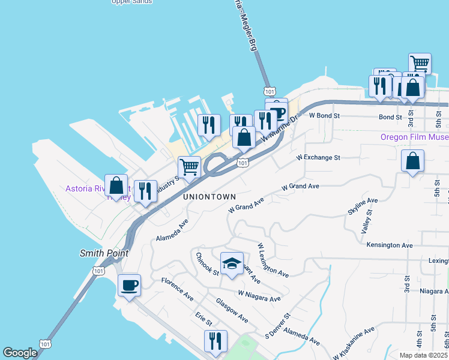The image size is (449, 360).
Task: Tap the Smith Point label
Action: [x=104, y=253]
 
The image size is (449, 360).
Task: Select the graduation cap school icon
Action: [x=232, y=263]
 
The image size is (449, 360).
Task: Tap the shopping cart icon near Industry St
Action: [x=189, y=167]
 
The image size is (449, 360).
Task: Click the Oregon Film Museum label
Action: [x=414, y=137]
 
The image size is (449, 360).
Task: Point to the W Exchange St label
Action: [x=318, y=158]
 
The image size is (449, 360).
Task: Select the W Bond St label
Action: [x=324, y=115]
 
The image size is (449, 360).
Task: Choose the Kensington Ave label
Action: [x=390, y=245]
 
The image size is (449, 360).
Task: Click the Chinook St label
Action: [x=208, y=263]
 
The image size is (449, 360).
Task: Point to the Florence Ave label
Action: [x=177, y=289]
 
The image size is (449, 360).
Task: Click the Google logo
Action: [x=20, y=353]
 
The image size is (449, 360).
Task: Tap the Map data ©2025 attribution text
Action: [x=424, y=355]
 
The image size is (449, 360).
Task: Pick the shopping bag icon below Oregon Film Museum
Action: [x=412, y=161]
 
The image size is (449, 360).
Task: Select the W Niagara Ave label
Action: [x=259, y=296]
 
